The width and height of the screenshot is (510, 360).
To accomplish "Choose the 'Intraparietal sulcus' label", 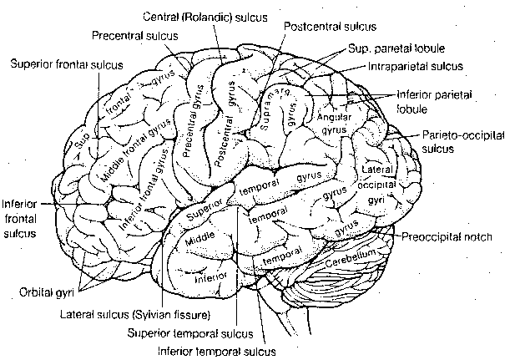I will pos(415,64).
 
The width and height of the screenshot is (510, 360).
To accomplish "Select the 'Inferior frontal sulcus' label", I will pos(21,219).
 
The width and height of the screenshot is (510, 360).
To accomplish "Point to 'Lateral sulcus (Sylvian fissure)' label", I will pos(135,315).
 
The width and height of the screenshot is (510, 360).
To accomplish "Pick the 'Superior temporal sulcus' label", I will pos(190,332).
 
